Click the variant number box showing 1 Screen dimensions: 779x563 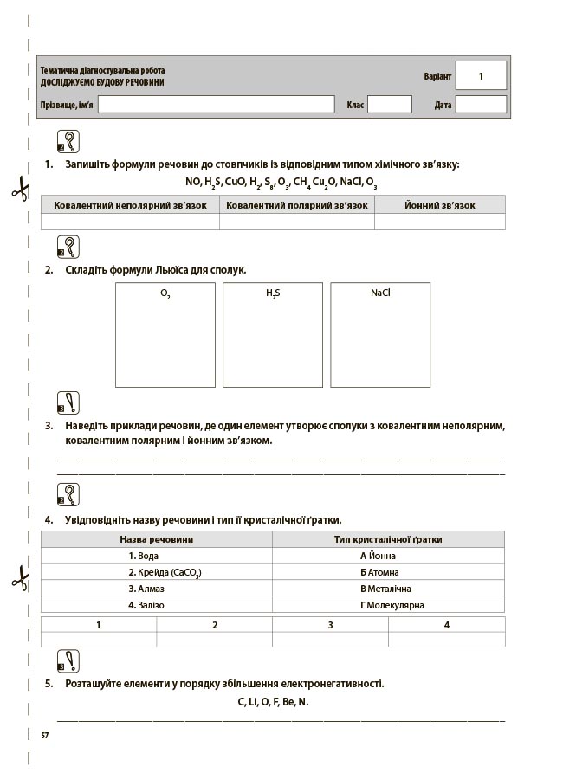[481, 76]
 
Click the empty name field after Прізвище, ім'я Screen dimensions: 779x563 [216, 105]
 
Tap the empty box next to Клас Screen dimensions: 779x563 [389, 105]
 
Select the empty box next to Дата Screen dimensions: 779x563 [481, 105]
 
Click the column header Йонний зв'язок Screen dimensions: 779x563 [439, 206]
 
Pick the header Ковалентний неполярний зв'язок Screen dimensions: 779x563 [130, 206]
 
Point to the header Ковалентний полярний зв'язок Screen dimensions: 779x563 [297, 206]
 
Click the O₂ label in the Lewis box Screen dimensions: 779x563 [165, 293]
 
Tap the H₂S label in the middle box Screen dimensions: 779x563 [273, 293]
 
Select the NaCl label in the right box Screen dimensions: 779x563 [380, 293]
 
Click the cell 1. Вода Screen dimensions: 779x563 [144, 556]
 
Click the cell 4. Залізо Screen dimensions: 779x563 [146, 605]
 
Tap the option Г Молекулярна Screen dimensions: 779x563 [392, 605]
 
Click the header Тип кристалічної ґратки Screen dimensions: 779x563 [388, 539]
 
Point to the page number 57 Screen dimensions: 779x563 [45, 735]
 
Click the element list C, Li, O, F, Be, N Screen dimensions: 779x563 [273, 702]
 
